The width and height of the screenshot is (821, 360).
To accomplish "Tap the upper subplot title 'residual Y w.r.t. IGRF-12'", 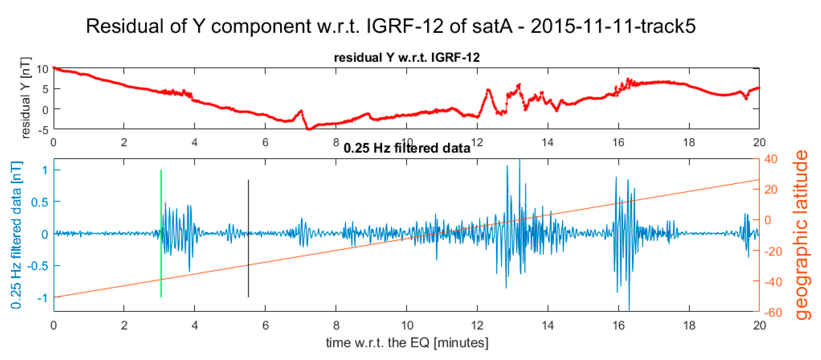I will coord(407,58).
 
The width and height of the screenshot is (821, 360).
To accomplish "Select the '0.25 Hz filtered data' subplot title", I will coord(407,148).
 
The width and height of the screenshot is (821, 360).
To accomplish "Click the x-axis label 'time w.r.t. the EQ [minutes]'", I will coord(407,343).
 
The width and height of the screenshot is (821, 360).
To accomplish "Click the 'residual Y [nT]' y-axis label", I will coord(25,98).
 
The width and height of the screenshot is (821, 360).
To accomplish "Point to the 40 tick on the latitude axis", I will coord(771,159).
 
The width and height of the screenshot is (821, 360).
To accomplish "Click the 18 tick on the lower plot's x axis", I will coord(689,326).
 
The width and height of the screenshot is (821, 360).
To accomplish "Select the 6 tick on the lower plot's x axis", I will coord(265,326).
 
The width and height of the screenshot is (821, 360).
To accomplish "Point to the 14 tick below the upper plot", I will coord(548,142).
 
